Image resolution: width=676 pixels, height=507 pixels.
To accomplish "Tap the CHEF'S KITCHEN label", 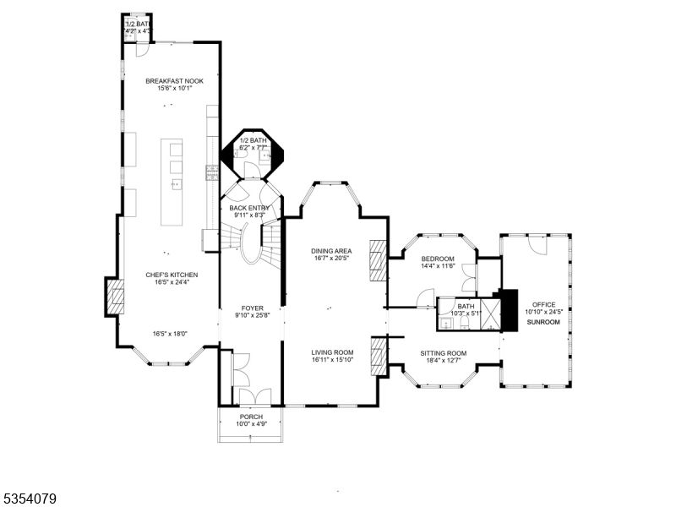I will tap(172, 275).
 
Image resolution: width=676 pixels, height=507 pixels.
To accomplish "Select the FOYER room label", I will tap(252, 309).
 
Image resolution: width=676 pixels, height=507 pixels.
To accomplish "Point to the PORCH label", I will tap(251, 417).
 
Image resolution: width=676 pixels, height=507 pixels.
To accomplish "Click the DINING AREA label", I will tap(331, 251).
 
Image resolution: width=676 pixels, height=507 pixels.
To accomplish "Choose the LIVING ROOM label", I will tap(332, 352).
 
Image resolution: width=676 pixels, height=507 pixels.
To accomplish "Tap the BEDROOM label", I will tap(438, 259).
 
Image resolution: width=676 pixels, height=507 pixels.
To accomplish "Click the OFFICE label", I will tap(543, 304).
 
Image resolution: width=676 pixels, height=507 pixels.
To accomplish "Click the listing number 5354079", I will tap(29, 499).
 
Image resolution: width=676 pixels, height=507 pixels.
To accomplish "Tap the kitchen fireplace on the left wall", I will tap(116, 296).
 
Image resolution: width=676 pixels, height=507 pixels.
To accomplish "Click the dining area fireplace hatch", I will tap(378, 261).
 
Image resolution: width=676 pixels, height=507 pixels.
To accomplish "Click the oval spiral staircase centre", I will tap(250, 248).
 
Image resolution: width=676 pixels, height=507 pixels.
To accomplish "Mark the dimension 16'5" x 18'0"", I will tap(172, 334).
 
